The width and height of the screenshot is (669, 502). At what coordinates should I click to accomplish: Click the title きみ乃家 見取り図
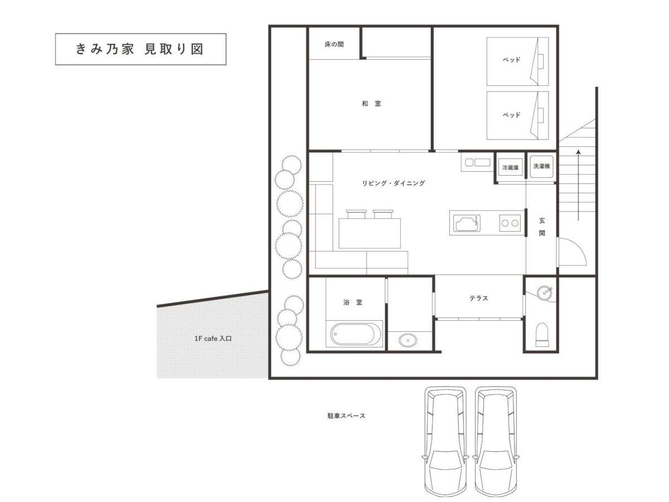(x=139, y=49)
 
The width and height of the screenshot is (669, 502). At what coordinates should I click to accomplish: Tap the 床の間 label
(x=334, y=45)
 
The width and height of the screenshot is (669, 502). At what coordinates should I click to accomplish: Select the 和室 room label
(x=371, y=104)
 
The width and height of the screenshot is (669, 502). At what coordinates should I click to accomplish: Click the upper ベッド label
(x=511, y=60)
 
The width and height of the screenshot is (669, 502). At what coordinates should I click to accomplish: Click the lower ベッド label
(x=511, y=115)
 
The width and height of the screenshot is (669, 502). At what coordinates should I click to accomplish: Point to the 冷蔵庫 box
(x=510, y=167)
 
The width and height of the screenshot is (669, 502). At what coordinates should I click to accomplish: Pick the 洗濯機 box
(x=541, y=166)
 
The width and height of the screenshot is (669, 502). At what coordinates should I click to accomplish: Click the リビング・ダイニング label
(x=393, y=183)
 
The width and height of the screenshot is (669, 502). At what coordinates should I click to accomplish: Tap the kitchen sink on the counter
(x=466, y=224)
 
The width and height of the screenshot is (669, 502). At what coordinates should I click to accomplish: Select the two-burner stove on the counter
(x=510, y=223)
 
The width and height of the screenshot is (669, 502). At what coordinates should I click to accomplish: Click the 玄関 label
(x=541, y=227)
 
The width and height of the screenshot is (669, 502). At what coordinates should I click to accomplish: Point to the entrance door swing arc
(x=579, y=247)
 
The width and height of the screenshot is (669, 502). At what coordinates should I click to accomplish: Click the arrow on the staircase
(x=578, y=185)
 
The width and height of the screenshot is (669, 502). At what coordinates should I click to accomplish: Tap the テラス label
(x=478, y=298)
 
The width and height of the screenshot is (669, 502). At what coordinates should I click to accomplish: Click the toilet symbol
(x=542, y=335)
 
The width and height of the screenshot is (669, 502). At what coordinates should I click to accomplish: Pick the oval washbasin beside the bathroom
(x=408, y=340)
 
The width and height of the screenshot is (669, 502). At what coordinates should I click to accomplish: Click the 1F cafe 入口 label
(x=213, y=339)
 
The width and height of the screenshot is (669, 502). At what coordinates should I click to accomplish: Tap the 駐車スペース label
(x=346, y=416)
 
